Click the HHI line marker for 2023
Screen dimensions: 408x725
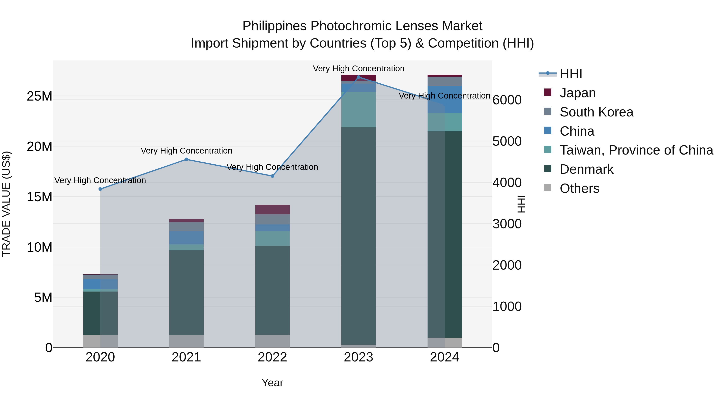pyautogui.click(x=358, y=77)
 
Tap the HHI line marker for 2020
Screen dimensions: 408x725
pyautogui.click(x=100, y=189)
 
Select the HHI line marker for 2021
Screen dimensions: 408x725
pyautogui.click(x=186, y=159)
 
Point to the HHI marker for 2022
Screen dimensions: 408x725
pyautogui.click(x=272, y=176)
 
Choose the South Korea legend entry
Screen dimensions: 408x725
pyautogui.click(x=596, y=112)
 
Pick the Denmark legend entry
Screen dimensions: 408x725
pyautogui.click(x=586, y=169)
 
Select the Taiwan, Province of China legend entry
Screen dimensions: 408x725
pyautogui.click(x=636, y=150)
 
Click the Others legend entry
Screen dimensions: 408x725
pyautogui.click(x=579, y=188)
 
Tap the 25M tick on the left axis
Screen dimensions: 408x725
pyautogui.click(x=39, y=96)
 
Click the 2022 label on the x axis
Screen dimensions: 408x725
pyautogui.click(x=272, y=357)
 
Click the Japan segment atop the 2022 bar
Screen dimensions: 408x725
pyautogui.click(x=272, y=210)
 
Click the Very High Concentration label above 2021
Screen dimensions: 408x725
pyautogui.click(x=186, y=151)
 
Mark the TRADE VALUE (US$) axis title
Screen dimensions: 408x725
pyautogui.click(x=6, y=204)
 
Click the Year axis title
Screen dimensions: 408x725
pyautogui.click(x=272, y=383)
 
